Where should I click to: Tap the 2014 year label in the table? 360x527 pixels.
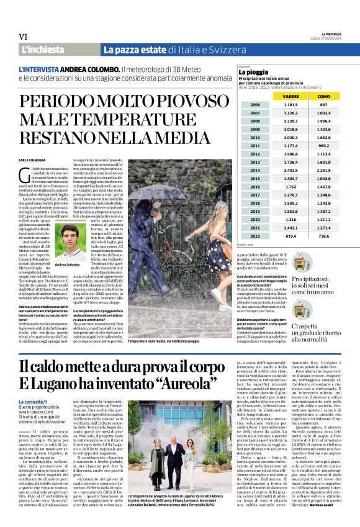point(255,170)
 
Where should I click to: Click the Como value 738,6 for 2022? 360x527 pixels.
point(323,236)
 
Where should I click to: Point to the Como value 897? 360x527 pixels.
point(323,105)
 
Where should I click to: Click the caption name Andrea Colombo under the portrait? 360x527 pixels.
point(68,265)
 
